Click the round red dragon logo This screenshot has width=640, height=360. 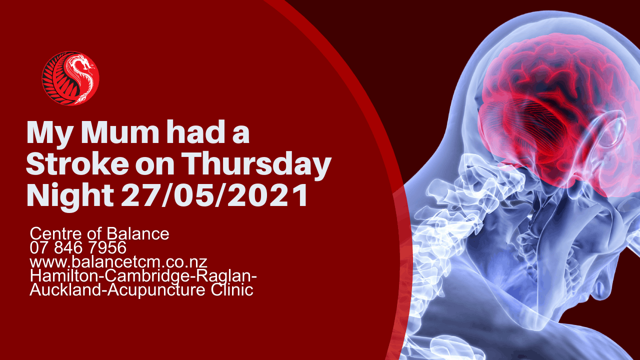[x=70, y=78]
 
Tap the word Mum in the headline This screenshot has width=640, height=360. [x=120, y=132]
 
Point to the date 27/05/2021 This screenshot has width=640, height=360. [x=214, y=195]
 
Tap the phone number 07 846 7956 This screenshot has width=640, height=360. [x=78, y=247]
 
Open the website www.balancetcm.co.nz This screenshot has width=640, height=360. [x=118, y=262]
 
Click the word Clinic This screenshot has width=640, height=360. [x=232, y=289]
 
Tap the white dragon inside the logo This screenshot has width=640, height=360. [x=81, y=77]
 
